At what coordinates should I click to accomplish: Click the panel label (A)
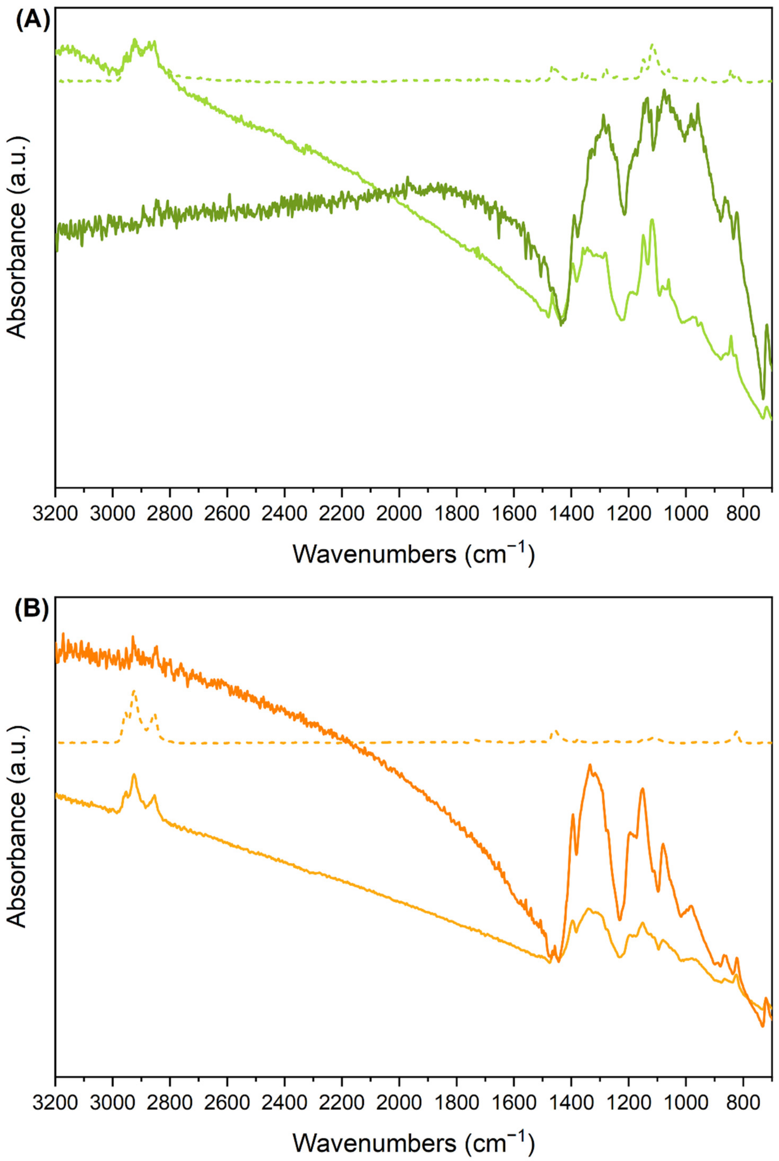pos(33,23)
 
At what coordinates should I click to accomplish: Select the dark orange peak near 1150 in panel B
pos(642,788)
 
